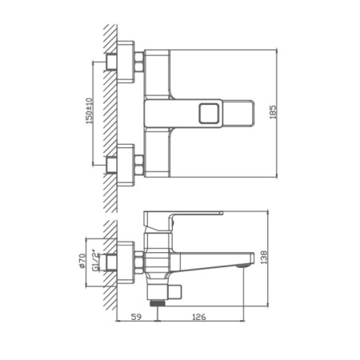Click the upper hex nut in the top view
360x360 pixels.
tap(140, 62)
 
